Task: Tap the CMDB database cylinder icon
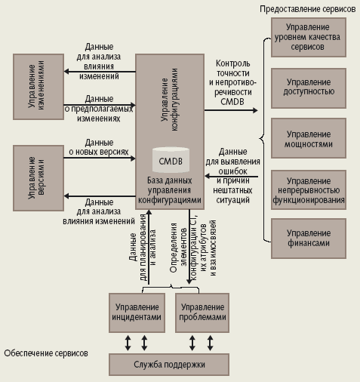tap(171, 159)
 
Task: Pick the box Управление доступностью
tap(308, 87)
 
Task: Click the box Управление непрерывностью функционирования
tap(308, 191)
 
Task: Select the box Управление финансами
tap(308, 238)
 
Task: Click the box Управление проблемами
tap(201, 312)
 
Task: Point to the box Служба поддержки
tap(169, 365)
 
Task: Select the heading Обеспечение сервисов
tap(46, 353)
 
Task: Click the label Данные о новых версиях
tap(99, 147)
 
